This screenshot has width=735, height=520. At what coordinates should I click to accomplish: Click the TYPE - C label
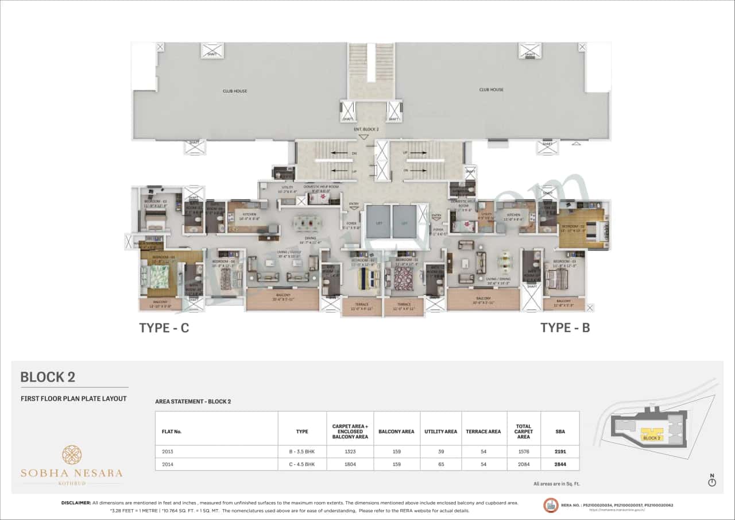[x=164, y=328]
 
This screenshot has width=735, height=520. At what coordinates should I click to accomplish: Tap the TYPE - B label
[x=565, y=328]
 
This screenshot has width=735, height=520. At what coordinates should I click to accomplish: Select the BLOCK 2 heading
[x=48, y=377]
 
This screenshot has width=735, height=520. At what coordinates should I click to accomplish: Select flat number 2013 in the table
[x=168, y=452]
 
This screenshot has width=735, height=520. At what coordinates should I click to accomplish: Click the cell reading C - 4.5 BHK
[x=302, y=464]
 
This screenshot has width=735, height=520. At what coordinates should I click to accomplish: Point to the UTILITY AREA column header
[x=440, y=431]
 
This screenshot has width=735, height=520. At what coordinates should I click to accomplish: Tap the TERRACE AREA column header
[x=483, y=431]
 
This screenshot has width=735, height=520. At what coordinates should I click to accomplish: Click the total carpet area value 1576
[x=523, y=452]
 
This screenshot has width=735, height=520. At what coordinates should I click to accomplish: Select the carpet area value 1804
[x=350, y=464]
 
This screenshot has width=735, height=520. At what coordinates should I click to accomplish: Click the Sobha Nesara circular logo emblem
[x=72, y=454]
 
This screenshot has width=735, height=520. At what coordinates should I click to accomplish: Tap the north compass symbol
[x=712, y=482]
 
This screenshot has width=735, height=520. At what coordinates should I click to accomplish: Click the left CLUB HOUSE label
[x=235, y=90]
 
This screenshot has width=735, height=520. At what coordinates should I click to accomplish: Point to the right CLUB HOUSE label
[x=491, y=90]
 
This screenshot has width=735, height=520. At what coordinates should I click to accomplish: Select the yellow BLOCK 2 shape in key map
[x=652, y=434]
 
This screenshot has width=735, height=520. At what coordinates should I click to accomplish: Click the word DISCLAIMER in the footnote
[x=76, y=503]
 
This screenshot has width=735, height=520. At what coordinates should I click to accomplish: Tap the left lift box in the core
[x=378, y=221]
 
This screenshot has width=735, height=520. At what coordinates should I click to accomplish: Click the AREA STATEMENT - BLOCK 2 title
[x=193, y=401]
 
